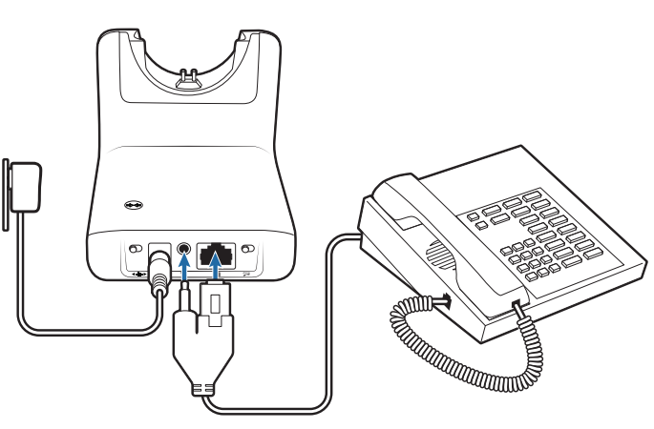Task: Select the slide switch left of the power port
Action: tap(134, 250)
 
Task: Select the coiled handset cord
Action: tap(449, 348)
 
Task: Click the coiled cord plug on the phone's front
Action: tap(517, 307)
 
